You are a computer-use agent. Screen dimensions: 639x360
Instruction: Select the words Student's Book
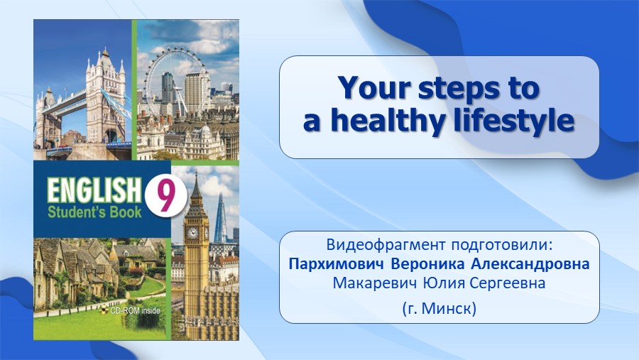coord(94,212)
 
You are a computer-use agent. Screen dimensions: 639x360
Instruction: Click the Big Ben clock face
coord(192,232)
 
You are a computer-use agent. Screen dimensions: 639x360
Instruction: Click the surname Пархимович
coord(337,264)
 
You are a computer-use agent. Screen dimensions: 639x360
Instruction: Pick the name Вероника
coord(427,263)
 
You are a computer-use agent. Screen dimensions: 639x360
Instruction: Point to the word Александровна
coord(530,263)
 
